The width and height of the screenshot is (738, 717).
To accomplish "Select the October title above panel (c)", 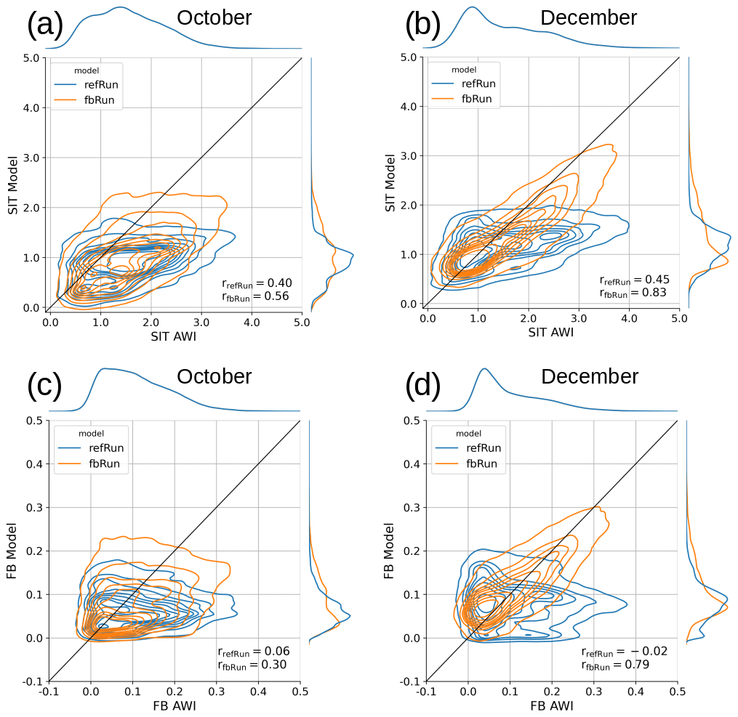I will [214, 376].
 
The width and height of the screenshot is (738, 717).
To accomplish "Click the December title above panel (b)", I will [588, 17].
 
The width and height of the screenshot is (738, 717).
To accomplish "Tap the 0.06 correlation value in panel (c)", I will [278, 652].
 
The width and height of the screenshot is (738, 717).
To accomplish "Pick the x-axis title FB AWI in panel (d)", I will [552, 705].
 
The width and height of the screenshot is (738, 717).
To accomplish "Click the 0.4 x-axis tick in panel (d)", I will [635, 691].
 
